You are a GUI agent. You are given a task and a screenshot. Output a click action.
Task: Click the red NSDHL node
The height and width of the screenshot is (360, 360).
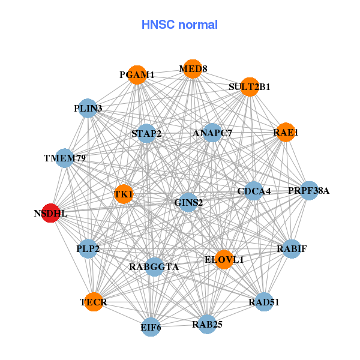point(51,212)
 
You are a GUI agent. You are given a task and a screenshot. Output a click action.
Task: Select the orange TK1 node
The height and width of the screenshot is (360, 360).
point(124,194)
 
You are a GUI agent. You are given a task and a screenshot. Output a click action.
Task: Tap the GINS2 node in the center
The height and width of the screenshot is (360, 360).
point(188,202)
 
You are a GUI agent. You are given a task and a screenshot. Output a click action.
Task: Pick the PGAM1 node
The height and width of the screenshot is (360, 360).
point(137,74)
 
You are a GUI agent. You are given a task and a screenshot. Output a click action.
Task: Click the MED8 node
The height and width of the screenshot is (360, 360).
point(193,68)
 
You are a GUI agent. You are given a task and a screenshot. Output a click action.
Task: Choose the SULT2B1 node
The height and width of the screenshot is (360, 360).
point(250,86)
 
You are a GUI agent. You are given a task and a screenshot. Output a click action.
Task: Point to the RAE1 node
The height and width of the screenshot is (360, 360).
point(286,132)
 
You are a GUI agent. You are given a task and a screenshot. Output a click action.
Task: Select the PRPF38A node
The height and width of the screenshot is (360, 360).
point(309,191)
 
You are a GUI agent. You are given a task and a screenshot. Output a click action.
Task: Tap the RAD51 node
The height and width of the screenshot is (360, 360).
point(264,302)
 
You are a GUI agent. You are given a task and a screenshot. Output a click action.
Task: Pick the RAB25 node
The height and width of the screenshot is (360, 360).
point(207,324)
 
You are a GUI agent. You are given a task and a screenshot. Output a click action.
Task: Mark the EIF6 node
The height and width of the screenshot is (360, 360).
point(151,327)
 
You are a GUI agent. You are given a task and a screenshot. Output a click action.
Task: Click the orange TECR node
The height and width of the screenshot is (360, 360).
point(94,302)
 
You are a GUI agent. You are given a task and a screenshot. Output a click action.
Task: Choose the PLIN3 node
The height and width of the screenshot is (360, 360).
point(88,109)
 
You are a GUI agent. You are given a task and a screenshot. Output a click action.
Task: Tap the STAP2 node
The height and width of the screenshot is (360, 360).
point(146,133)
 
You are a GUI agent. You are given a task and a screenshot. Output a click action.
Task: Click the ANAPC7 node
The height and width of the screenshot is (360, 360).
point(212,133)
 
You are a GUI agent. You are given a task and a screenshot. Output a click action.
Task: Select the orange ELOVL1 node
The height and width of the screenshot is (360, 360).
point(224,259)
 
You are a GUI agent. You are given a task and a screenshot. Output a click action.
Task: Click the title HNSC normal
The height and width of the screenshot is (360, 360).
point(179,25)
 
